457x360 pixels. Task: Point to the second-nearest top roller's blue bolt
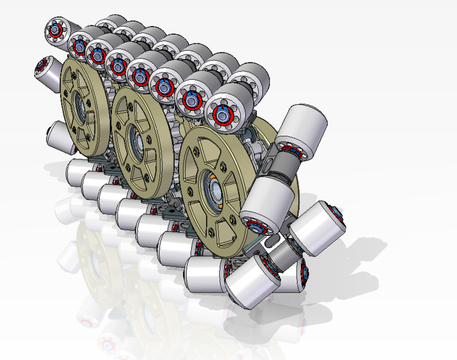192,100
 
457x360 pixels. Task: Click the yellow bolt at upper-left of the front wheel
195,150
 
